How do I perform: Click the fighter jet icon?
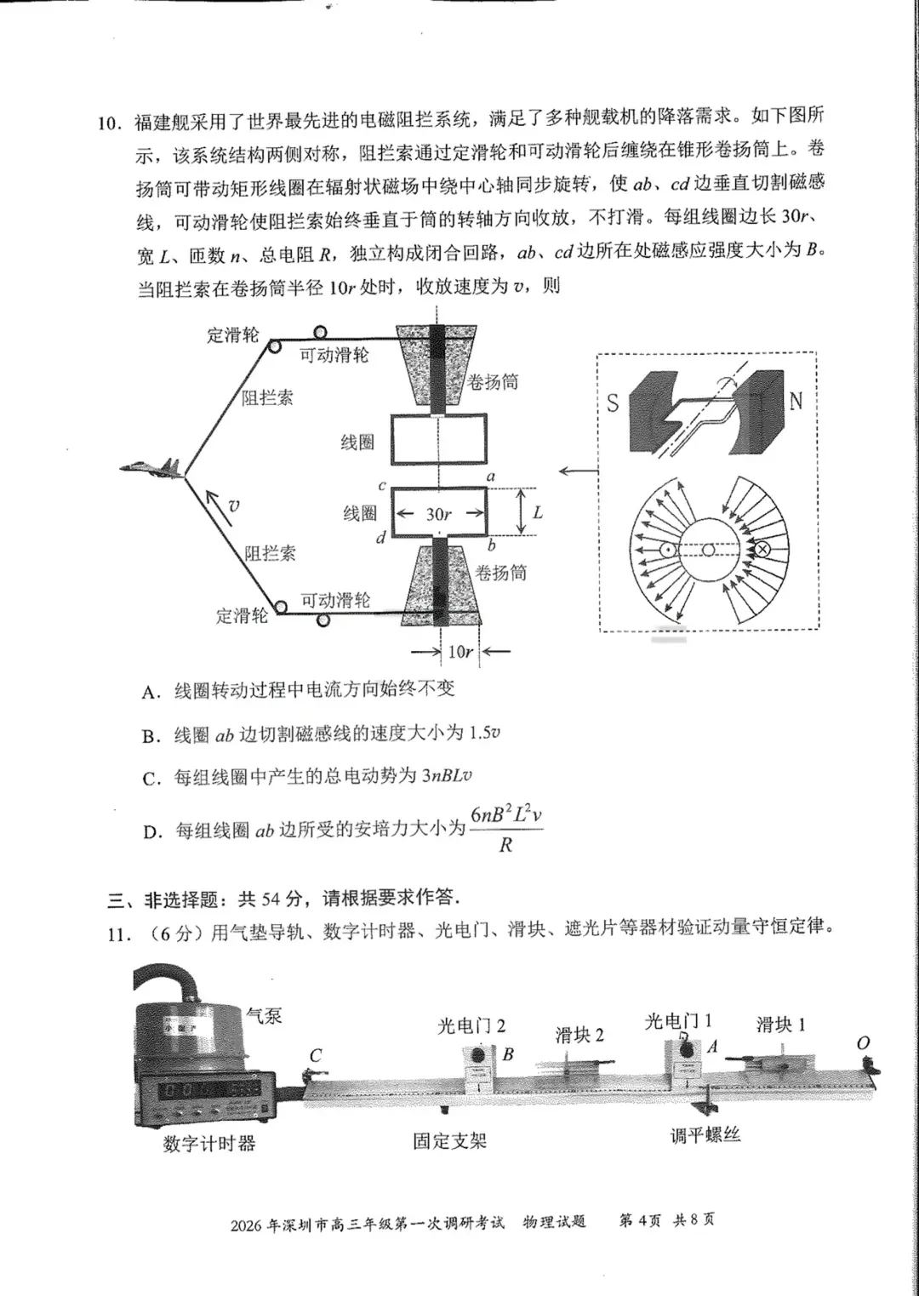point(151,466)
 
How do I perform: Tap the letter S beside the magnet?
point(613,403)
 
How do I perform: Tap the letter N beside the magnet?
point(796,400)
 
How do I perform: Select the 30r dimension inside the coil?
point(438,514)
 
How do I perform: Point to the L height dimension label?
point(537,512)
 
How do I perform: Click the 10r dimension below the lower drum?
point(459,652)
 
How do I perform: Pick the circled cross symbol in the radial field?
point(762,550)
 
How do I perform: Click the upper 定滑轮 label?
point(232,334)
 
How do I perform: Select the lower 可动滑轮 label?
point(335,600)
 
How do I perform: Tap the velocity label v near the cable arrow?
point(234,505)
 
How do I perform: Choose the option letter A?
point(151,693)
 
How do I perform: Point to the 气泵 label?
point(263,1014)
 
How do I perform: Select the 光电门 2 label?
point(471,1026)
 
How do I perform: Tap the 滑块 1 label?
point(780,1025)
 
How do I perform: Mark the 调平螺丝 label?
point(705,1135)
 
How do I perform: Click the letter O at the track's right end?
point(863,1043)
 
